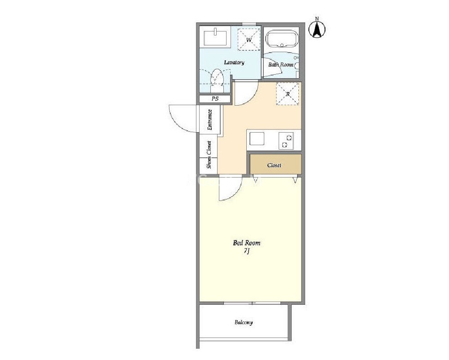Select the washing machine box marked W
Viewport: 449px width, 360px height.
(x=249, y=40)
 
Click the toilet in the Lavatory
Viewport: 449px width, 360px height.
(x=217, y=79)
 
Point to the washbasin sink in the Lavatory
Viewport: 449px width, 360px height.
(x=215, y=38)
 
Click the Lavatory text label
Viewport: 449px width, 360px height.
(x=234, y=62)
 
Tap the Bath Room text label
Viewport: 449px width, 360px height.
(x=280, y=65)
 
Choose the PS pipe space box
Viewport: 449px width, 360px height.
(x=215, y=99)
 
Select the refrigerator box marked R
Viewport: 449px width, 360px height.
(x=288, y=94)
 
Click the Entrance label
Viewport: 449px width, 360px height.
(x=210, y=120)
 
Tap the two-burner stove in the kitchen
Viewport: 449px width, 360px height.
(x=286, y=141)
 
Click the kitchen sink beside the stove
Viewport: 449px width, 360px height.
(x=257, y=138)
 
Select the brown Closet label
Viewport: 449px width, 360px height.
(x=274, y=165)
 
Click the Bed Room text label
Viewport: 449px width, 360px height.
(x=247, y=243)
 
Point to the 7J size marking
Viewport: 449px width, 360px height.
(x=247, y=251)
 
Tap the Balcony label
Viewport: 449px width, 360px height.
(x=244, y=323)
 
